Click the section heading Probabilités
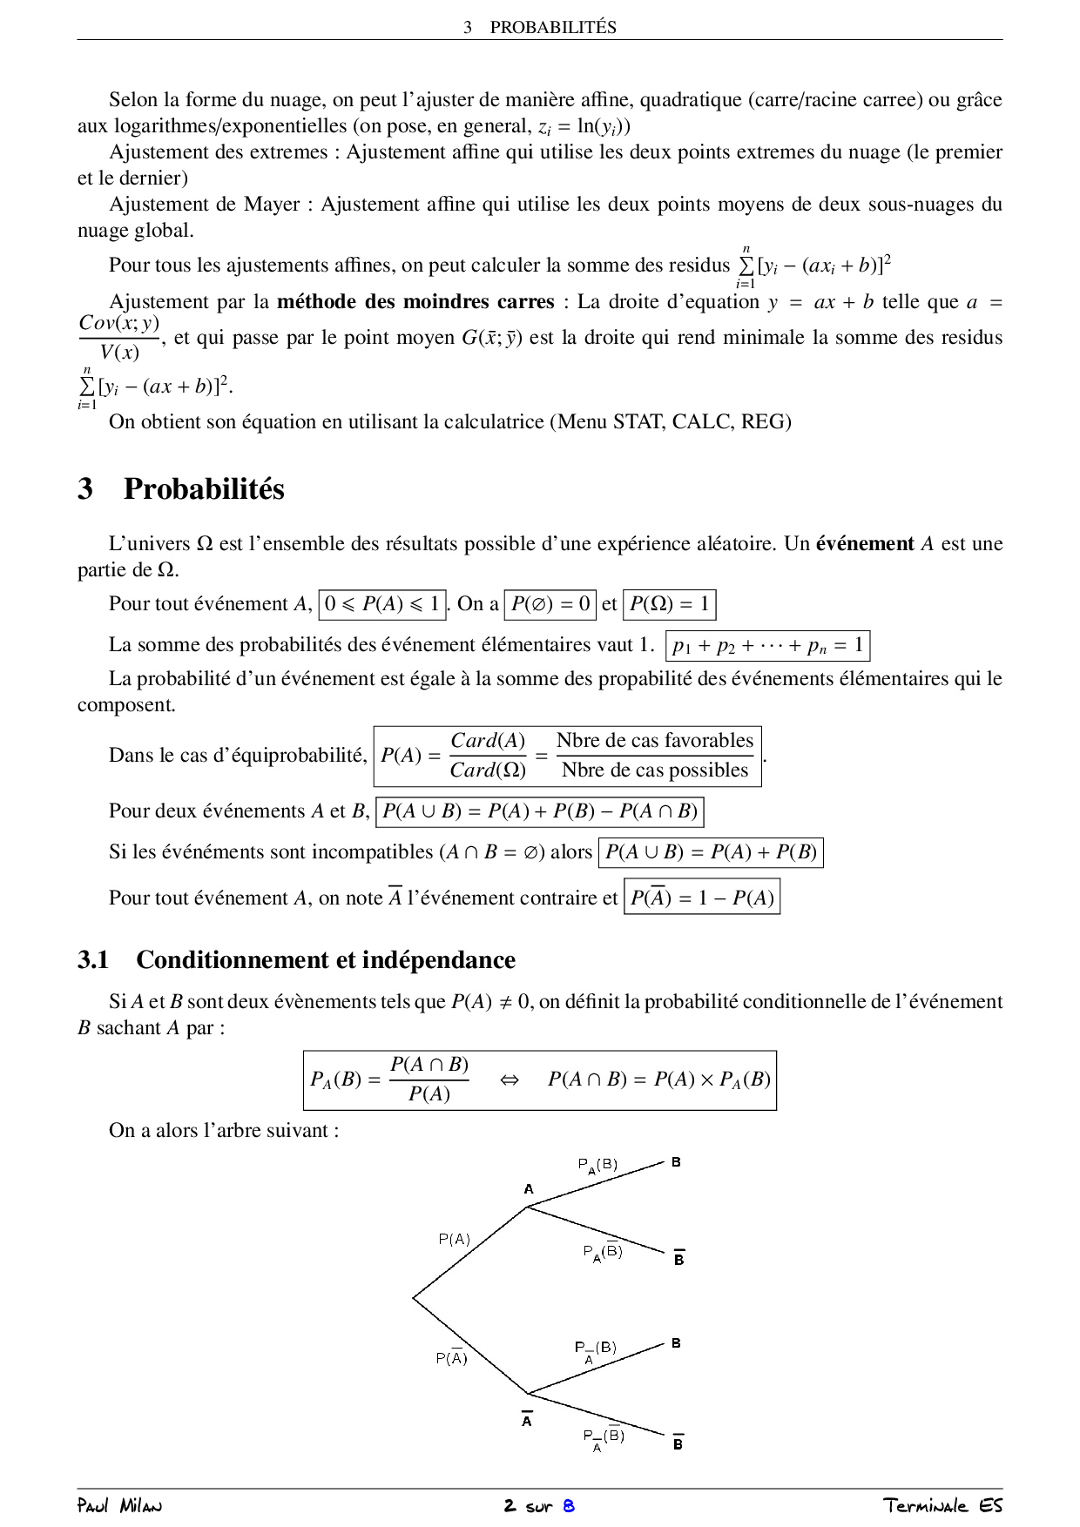click(204, 489)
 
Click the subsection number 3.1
click(93, 960)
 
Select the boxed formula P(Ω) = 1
click(669, 604)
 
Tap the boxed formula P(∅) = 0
click(550, 604)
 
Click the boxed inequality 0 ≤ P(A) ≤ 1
click(382, 604)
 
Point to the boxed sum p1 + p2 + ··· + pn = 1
click(767, 646)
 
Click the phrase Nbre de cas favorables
click(654, 741)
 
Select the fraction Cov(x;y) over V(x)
click(119, 338)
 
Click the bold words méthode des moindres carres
click(415, 302)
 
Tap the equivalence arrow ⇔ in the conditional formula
click(510, 1080)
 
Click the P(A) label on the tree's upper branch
click(454, 1239)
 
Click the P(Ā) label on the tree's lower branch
click(451, 1358)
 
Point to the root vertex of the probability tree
click(414, 1298)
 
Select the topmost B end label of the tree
click(676, 1162)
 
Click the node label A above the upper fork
click(528, 1189)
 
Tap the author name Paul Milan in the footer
click(119, 1506)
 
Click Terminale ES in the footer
click(942, 1506)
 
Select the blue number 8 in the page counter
click(569, 1506)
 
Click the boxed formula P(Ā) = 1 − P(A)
click(702, 898)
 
